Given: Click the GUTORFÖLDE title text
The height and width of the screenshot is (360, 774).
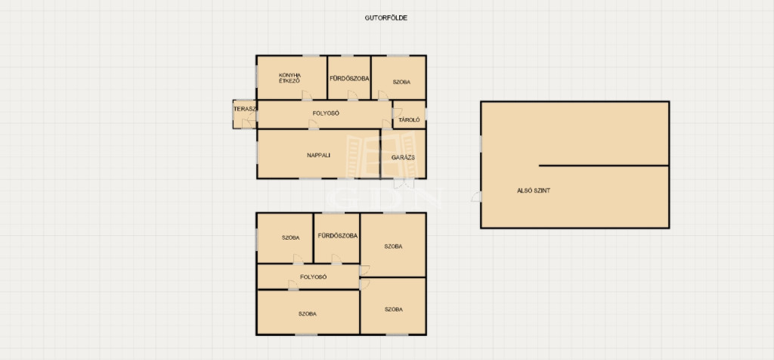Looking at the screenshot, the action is (x=386, y=18).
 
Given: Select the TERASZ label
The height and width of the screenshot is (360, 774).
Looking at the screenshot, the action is (x=244, y=109).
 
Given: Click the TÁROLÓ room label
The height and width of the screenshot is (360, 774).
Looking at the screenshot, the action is (x=409, y=119).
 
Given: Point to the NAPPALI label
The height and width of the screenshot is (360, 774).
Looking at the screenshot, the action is (x=318, y=155).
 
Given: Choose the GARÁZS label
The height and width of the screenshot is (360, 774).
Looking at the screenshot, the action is (x=403, y=157).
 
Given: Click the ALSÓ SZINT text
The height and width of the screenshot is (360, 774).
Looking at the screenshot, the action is (x=533, y=190).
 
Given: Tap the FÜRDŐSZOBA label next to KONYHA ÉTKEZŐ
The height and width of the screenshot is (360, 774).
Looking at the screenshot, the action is (x=349, y=79).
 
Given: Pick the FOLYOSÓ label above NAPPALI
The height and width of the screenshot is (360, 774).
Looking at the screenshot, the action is (x=326, y=113).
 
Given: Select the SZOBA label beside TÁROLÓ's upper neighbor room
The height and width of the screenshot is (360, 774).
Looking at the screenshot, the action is (x=401, y=82).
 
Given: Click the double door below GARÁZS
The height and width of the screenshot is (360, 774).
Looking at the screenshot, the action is (x=404, y=183).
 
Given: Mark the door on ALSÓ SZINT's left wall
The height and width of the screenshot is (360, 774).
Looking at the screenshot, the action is (x=476, y=197).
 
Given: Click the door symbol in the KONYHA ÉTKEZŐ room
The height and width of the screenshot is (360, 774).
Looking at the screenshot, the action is (x=307, y=95).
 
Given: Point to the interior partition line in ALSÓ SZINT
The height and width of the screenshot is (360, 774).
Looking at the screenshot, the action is (x=604, y=166).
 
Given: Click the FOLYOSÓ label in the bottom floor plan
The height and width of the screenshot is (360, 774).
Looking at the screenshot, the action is (x=314, y=277).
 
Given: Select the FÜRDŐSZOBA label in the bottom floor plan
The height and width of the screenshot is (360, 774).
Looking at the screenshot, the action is (x=338, y=236).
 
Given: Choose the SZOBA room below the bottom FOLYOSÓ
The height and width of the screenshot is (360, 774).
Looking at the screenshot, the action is (x=308, y=312).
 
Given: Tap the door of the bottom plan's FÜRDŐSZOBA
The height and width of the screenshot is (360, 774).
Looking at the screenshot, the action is (x=336, y=259).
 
